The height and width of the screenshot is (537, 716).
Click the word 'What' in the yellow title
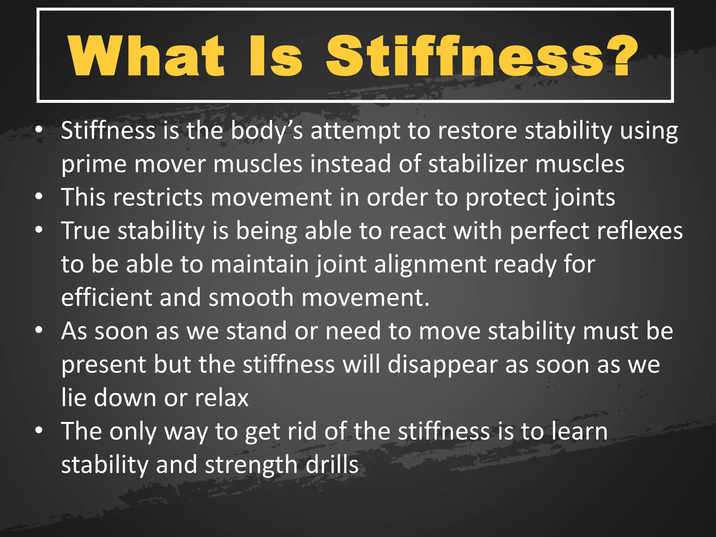(x=146, y=56)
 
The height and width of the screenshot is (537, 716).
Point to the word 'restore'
(x=478, y=131)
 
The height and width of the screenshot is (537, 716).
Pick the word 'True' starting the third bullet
(x=85, y=231)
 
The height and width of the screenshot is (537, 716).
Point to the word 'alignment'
(x=430, y=265)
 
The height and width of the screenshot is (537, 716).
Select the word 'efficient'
(x=106, y=298)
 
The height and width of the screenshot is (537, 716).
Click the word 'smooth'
(x=251, y=298)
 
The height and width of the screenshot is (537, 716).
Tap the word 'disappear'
(x=442, y=365)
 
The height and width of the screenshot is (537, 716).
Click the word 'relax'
(x=222, y=398)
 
